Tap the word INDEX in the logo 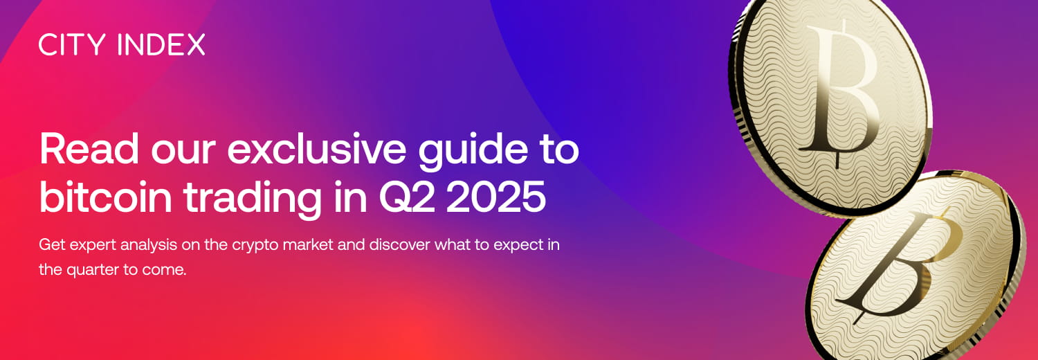[x=161, y=45]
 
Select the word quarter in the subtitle [x=91, y=270]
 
